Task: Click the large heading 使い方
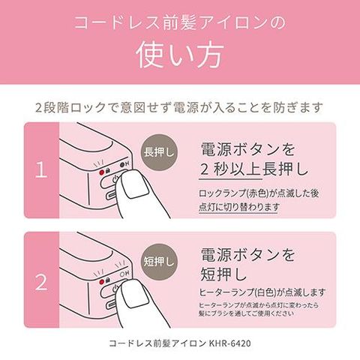pyautogui.click(x=180, y=55)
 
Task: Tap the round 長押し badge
pyautogui.click(x=159, y=152)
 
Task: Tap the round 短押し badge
pyautogui.click(x=159, y=262)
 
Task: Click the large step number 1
pyautogui.click(x=41, y=170)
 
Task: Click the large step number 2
pyautogui.click(x=41, y=282)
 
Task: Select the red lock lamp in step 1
pyautogui.click(x=101, y=172)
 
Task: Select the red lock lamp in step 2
pyautogui.click(x=101, y=282)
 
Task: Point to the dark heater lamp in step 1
pyautogui.click(x=122, y=165)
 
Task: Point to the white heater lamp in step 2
pyautogui.click(x=122, y=274)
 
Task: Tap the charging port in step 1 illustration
pyautogui.click(x=111, y=195)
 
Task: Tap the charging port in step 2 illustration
pyautogui.click(x=111, y=304)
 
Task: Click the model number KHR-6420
pyautogui.click(x=229, y=343)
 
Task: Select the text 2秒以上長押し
pyautogui.click(x=254, y=169)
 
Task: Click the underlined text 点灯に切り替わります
pyautogui.click(x=238, y=207)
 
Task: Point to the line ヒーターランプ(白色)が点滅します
pyautogui.click(x=262, y=292)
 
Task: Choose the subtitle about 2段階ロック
pyautogui.click(x=179, y=107)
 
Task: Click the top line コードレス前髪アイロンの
pyautogui.click(x=180, y=23)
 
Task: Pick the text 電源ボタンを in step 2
pyautogui.click(x=247, y=255)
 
